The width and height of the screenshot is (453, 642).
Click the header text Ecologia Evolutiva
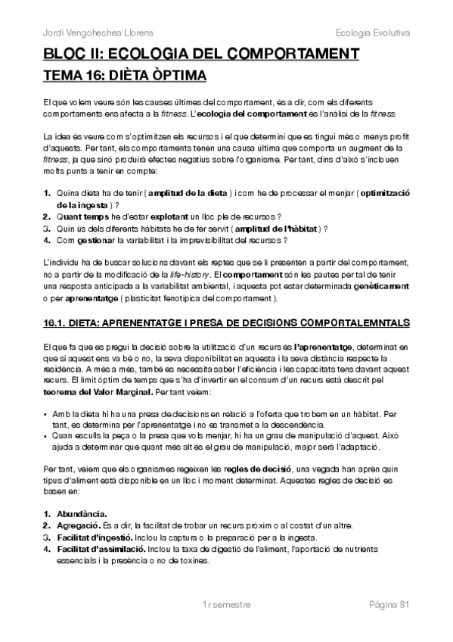point(371,33)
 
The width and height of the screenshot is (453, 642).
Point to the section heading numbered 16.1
point(227,323)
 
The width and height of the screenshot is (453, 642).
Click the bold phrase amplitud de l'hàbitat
point(276,228)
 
